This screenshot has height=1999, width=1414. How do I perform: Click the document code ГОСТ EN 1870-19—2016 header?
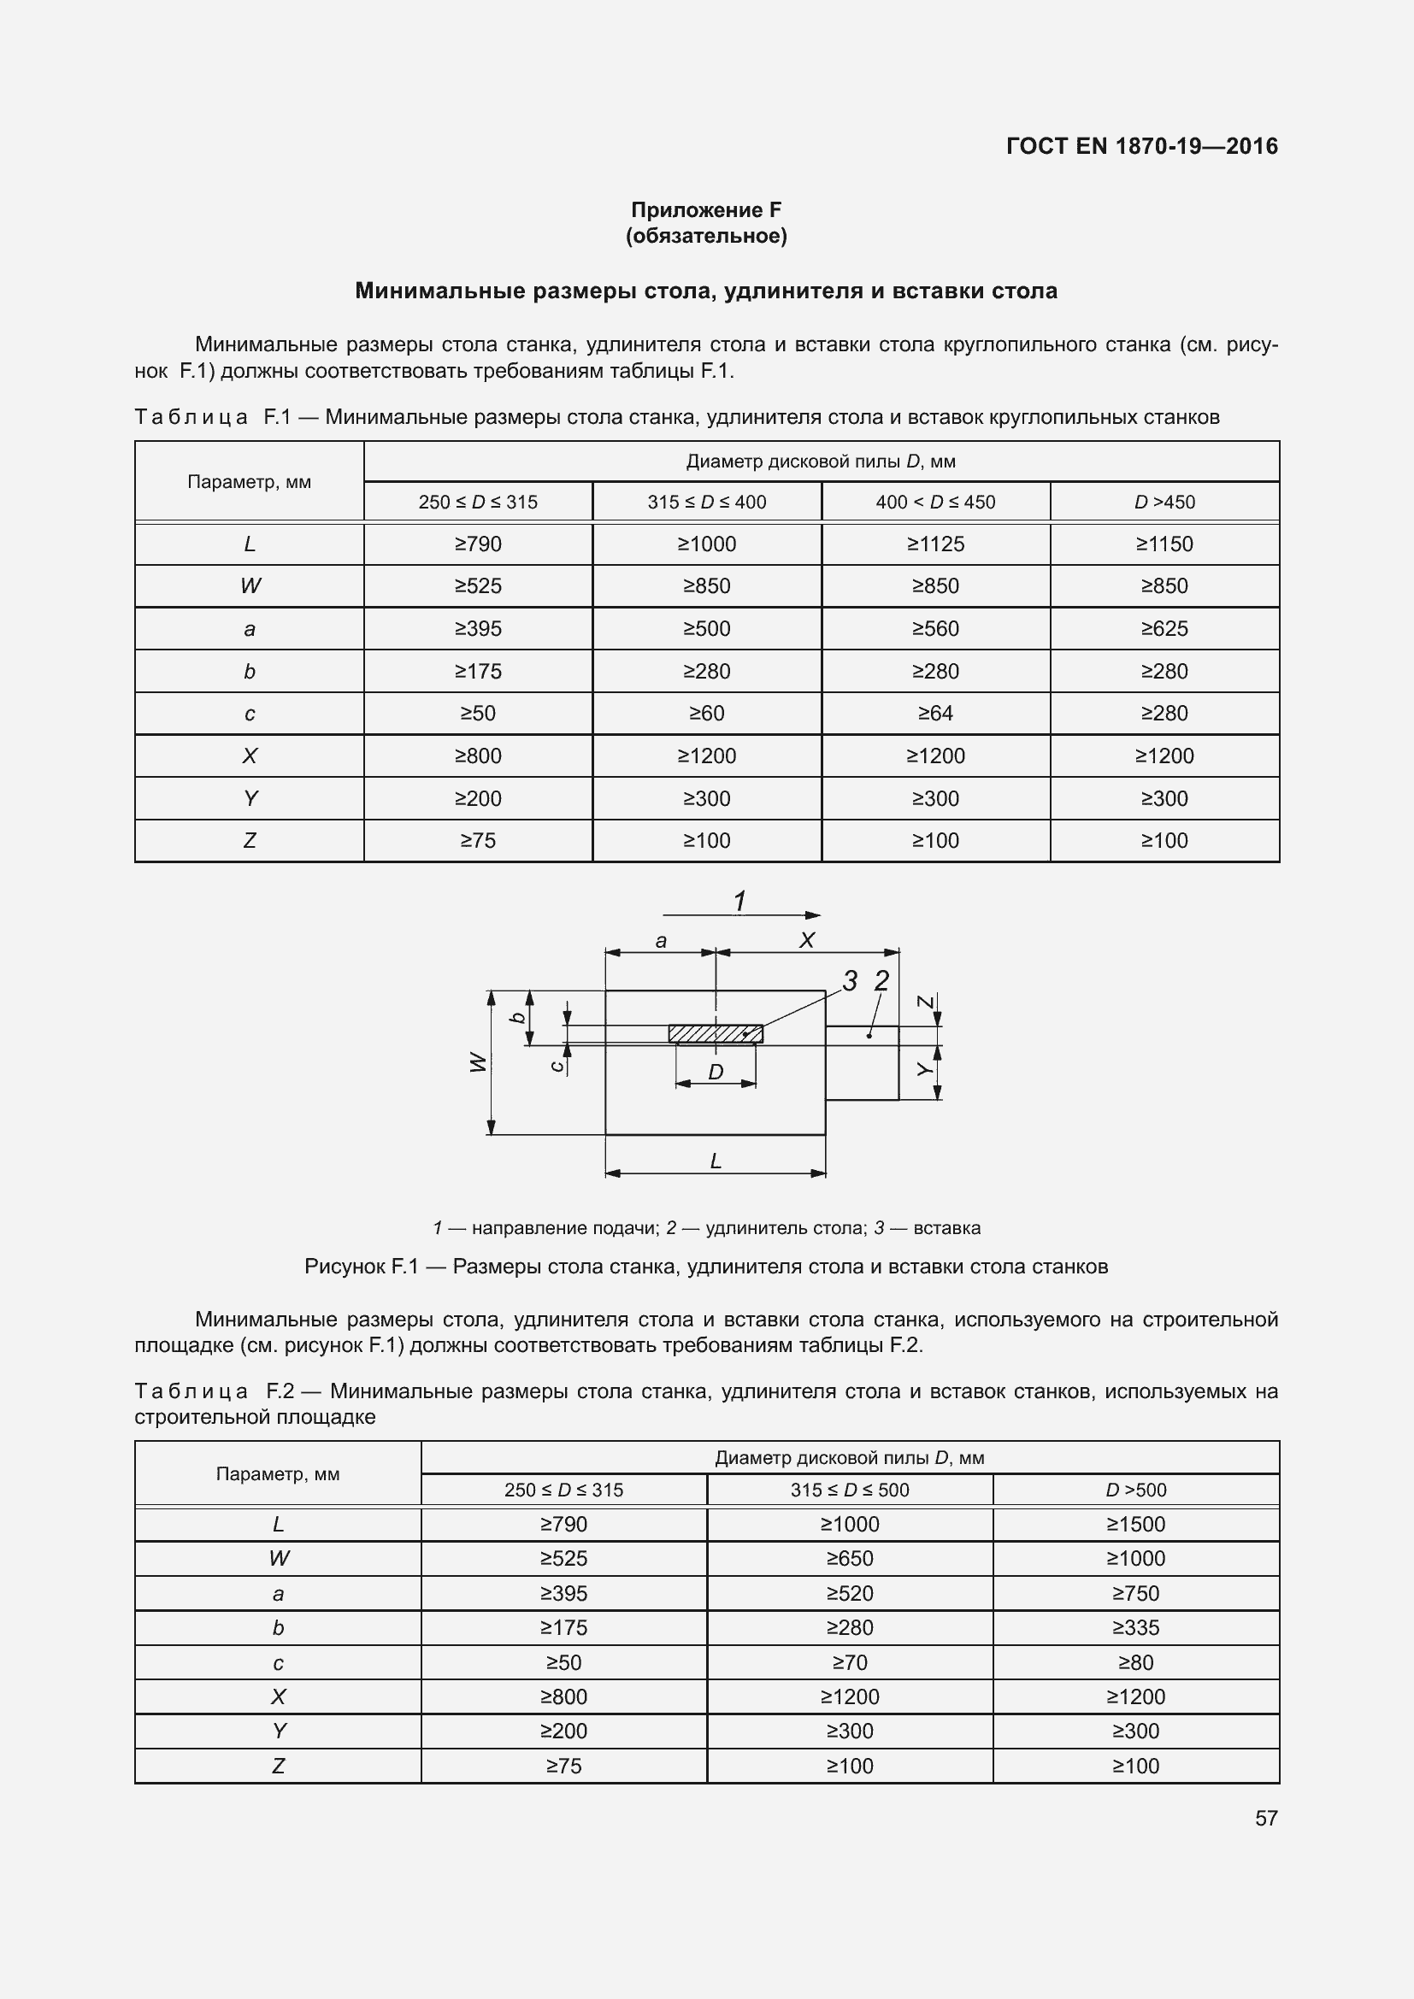(1141, 146)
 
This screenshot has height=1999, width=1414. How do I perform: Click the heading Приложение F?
(706, 210)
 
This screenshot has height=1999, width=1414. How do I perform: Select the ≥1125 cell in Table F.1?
(935, 544)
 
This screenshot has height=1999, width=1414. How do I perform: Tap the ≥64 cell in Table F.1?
(935, 713)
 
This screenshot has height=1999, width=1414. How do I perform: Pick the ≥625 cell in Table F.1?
(1164, 629)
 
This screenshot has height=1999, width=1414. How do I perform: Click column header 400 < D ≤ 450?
(935, 503)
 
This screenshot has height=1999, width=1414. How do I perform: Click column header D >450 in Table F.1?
(1164, 503)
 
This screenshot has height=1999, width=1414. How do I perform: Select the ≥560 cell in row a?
(935, 629)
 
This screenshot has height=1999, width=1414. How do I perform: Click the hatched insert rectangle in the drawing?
(715, 1033)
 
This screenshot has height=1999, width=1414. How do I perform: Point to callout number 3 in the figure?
(850, 981)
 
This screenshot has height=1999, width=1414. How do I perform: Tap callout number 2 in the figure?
(881, 981)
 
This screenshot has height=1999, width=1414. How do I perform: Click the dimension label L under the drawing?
(716, 1161)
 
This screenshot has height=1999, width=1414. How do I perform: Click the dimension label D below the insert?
(716, 1072)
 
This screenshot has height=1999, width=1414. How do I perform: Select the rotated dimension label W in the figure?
(477, 1062)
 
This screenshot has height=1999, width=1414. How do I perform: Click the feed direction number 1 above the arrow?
(739, 901)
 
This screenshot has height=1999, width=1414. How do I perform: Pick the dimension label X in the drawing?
(807, 940)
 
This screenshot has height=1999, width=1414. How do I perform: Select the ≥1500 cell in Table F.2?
(1135, 1525)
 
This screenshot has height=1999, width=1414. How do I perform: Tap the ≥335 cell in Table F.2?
(1135, 1627)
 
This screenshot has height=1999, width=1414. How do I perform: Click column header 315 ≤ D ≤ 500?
(850, 1490)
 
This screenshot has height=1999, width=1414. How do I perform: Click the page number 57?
(1266, 1818)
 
